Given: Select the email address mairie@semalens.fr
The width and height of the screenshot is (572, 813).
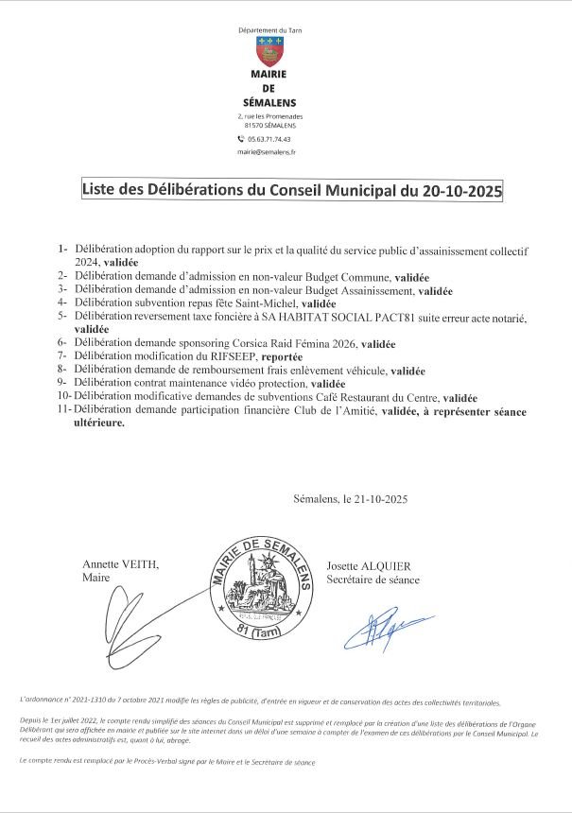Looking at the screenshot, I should pyautogui.click(x=270, y=151).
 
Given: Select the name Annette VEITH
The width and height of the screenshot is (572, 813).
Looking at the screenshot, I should pyautogui.click(x=121, y=564).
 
